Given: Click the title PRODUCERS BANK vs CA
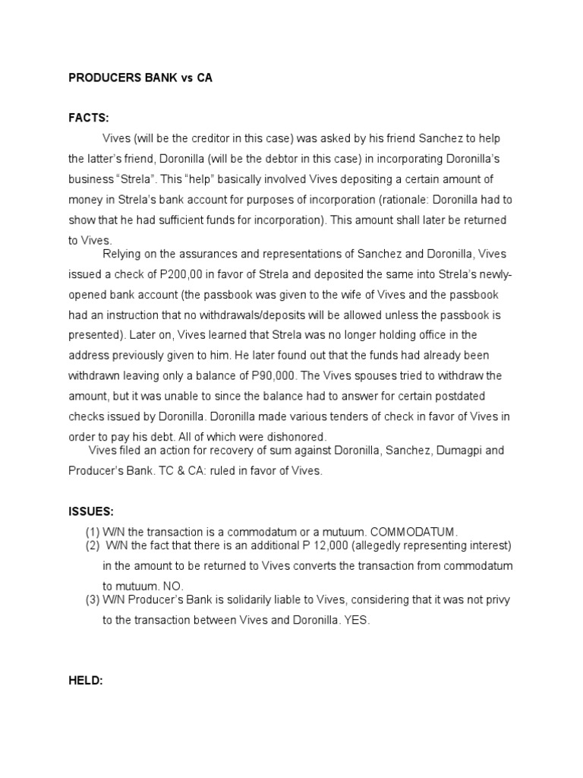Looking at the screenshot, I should coord(140,78).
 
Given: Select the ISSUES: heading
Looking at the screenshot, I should coord(91,511).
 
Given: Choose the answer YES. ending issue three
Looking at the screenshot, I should coord(357,620).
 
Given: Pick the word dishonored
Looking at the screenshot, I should coord(295,437).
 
